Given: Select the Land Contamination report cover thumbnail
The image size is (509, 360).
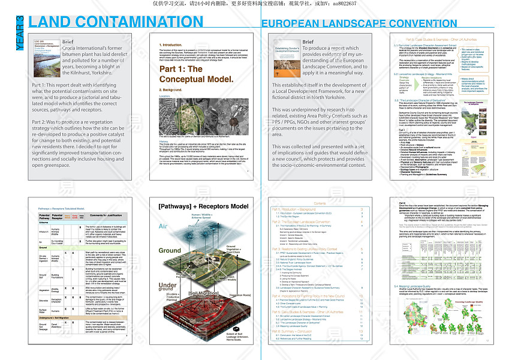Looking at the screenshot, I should tap(46, 59).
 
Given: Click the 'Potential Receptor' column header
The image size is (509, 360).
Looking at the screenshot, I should tap(58, 216).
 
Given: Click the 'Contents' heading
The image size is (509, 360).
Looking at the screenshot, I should tap(321, 204).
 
